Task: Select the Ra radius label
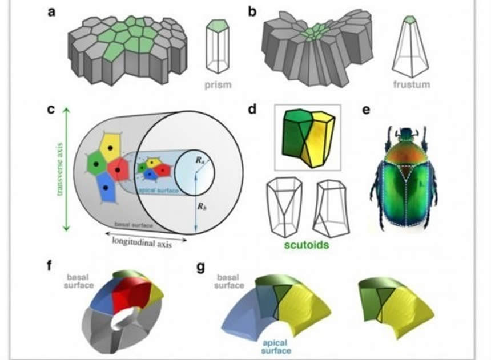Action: point(198,160)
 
